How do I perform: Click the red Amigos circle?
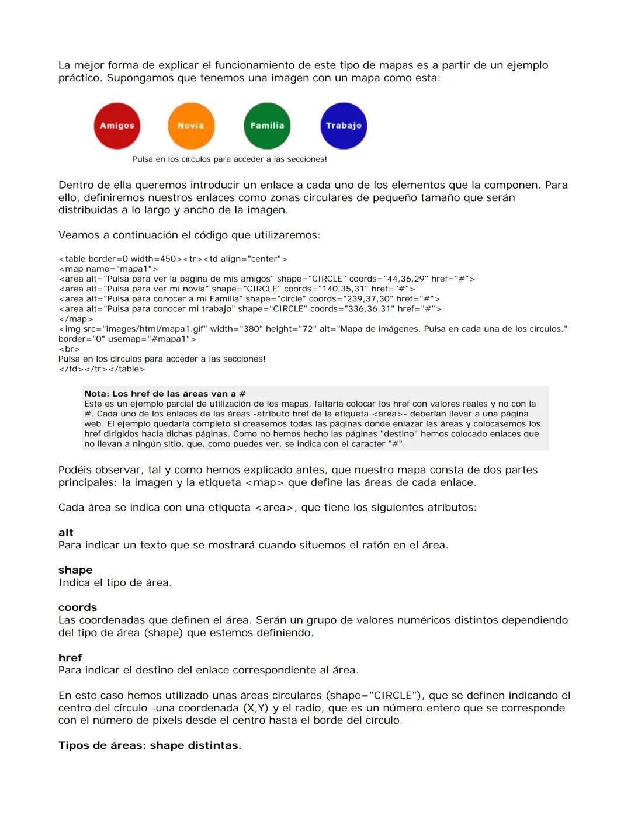click(117, 126)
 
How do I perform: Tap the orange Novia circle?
click(191, 126)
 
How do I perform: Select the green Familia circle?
click(267, 126)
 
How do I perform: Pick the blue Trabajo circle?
click(344, 126)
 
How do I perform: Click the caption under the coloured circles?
click(230, 159)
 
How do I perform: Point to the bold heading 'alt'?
click(65, 532)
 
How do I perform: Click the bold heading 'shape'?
click(75, 570)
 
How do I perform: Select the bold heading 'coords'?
click(77, 607)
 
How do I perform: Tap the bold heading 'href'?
click(70, 657)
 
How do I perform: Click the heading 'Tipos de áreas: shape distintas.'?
click(150, 745)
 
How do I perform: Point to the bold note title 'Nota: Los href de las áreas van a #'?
click(165, 394)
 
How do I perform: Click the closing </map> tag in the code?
click(76, 319)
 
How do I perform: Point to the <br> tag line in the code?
click(69, 349)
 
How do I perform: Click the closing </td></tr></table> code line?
click(102, 369)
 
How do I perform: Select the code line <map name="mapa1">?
click(108, 269)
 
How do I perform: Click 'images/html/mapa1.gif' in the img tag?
click(155, 329)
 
